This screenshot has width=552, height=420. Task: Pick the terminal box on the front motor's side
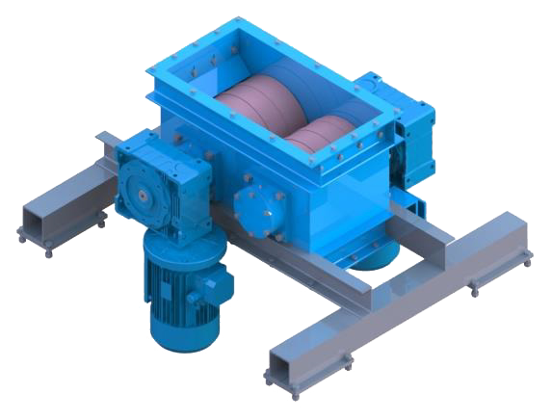(218, 282)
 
